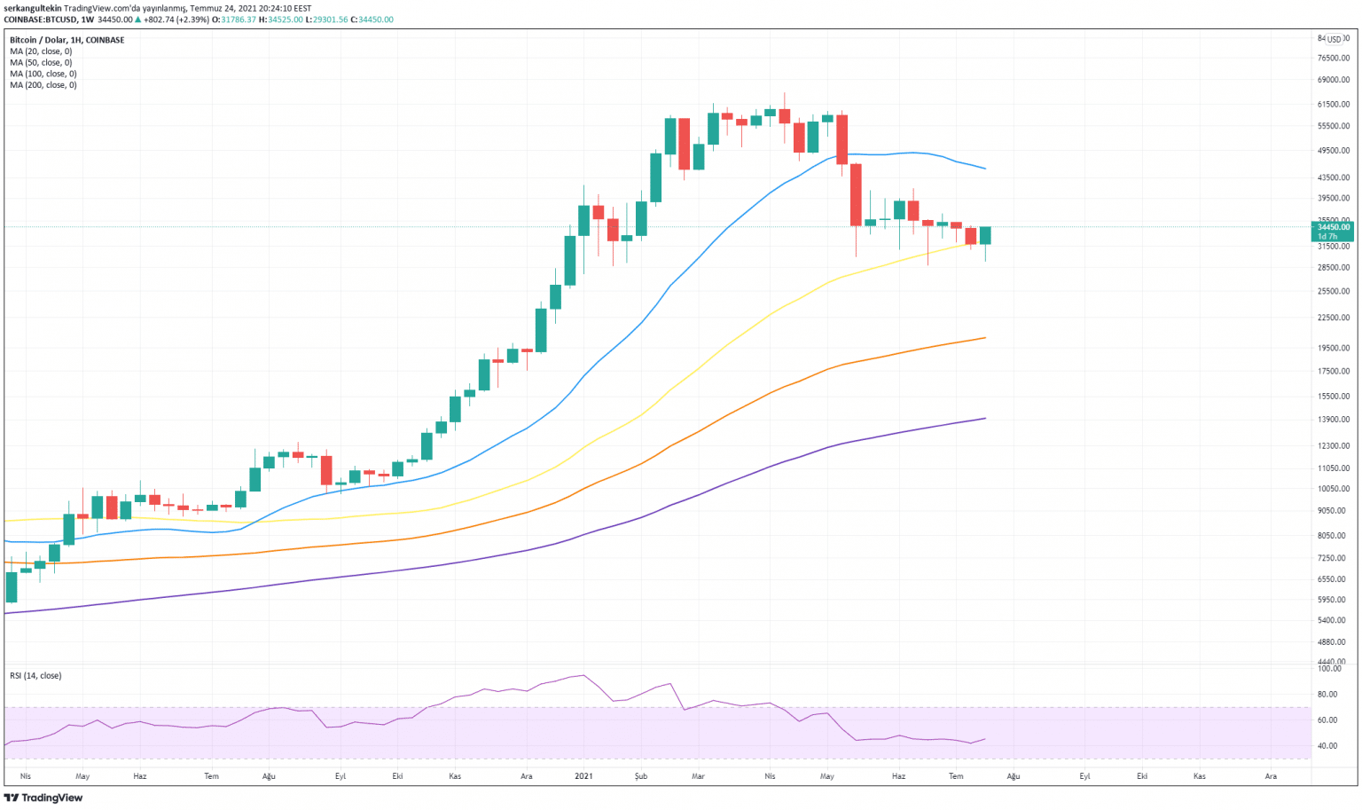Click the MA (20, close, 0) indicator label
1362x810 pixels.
point(41,51)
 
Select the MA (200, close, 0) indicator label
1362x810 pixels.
point(43,85)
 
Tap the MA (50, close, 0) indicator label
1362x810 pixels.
point(41,63)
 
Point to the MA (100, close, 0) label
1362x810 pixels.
point(43,75)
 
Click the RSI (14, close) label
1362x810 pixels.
point(35,676)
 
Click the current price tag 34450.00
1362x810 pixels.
point(1333,227)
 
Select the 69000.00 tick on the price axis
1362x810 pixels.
point(1333,80)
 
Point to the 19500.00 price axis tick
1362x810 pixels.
point(1333,349)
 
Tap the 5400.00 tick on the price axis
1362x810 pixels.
point(1335,620)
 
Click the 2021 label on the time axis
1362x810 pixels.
point(583,776)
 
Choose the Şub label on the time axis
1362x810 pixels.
point(641,776)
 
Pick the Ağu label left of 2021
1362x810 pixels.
point(269,776)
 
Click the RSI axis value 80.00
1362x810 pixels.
point(1327,695)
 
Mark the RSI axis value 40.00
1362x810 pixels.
point(1327,746)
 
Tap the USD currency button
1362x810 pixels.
point(1334,39)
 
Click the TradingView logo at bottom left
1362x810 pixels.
point(43,798)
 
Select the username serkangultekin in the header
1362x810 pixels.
point(33,8)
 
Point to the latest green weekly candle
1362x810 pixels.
point(984,235)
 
